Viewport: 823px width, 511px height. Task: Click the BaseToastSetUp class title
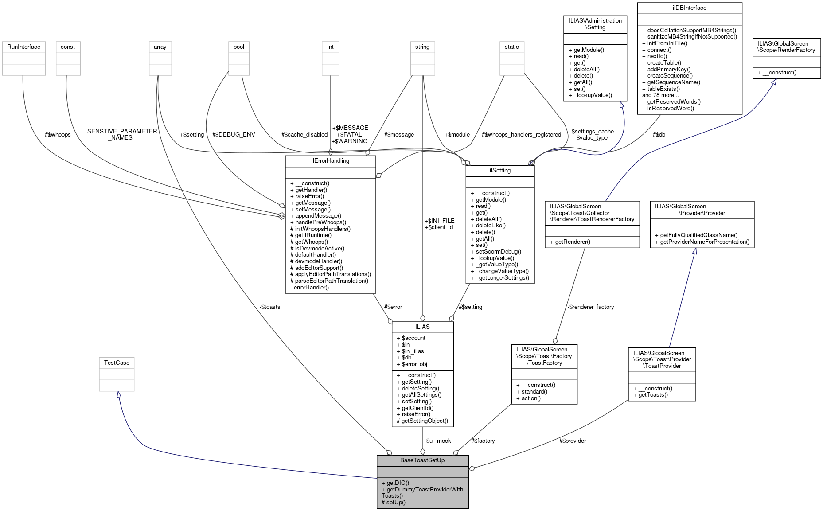422,460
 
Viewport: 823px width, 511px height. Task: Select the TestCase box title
117,363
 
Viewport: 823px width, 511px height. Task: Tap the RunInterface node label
23,47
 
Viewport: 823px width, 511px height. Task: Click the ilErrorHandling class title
330,160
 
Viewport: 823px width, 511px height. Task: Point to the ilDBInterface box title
689,8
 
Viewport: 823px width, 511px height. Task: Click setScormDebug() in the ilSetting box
495,251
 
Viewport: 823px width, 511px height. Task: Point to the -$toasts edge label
270,307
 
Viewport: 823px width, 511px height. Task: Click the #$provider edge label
572,441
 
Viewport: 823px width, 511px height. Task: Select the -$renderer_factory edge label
590,307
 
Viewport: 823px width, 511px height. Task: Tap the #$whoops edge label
58,134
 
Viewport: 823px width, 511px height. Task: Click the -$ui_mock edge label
437,441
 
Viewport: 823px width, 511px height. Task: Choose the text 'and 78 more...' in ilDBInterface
660,95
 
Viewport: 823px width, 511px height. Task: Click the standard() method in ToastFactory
531,391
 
